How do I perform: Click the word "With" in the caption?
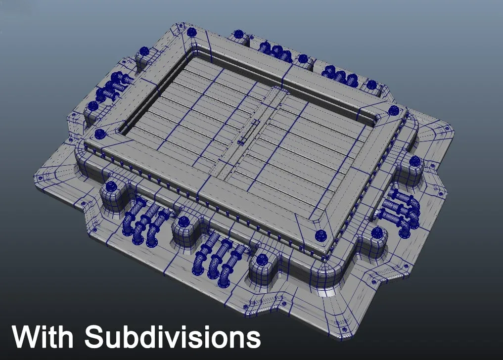[43, 337]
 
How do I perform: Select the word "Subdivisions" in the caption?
[173, 337]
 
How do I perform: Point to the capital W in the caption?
[27, 337]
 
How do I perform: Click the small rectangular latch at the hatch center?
[249, 132]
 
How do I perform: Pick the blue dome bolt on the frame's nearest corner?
[320, 236]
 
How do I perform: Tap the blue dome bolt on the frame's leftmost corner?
[100, 134]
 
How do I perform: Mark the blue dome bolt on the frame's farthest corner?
[191, 32]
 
